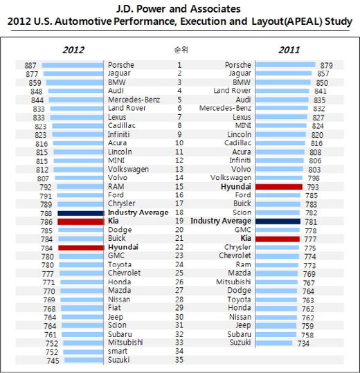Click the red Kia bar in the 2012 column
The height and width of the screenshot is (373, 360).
click(81, 221)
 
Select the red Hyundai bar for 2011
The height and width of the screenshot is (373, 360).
click(279, 187)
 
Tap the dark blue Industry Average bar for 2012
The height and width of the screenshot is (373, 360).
click(81, 213)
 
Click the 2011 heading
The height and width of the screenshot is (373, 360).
click(289, 50)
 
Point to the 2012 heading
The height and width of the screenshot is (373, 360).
click(73, 50)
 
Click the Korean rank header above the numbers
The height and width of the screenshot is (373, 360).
click(181, 50)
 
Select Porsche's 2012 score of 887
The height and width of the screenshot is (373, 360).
click(30, 66)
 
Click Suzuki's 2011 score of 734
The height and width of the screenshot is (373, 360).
click(303, 343)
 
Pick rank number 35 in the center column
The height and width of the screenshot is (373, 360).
click(179, 360)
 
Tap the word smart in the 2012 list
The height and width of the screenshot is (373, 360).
click(118, 351)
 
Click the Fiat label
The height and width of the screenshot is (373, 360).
click(114, 307)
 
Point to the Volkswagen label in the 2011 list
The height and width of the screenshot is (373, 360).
click(231, 178)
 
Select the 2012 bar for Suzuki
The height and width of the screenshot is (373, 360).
click(84, 360)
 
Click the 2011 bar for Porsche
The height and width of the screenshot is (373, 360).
click(285, 65)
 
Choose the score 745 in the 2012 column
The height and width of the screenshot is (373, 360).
click(53, 361)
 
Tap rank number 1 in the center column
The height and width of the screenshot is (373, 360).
click(179, 65)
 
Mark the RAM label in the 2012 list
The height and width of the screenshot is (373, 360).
click(116, 187)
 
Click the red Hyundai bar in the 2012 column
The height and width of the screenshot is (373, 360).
click(82, 248)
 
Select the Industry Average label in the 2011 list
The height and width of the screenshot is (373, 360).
click(221, 221)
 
